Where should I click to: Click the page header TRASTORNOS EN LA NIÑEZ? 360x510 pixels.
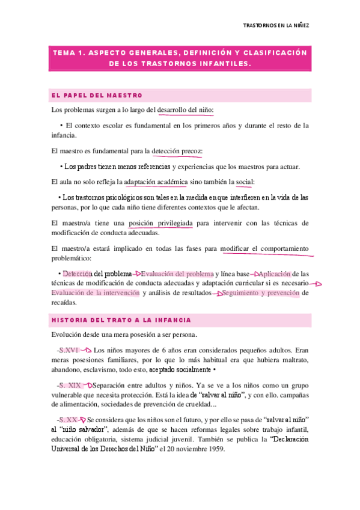(278, 26)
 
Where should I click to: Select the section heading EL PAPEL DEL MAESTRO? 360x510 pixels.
(97, 95)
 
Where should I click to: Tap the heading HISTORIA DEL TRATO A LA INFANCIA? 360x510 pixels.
(121, 321)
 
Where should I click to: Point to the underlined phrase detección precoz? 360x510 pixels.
(177, 151)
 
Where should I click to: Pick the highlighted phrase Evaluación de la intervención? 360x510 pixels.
(95, 293)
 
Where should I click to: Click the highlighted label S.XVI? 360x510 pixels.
(67, 349)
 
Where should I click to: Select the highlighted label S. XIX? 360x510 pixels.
(69, 385)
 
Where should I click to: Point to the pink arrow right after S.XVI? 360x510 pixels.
(85, 349)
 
